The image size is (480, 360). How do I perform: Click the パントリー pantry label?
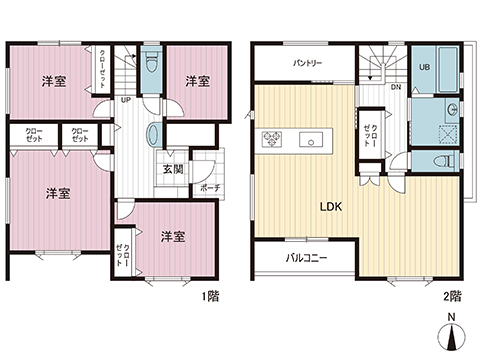tap(308, 63)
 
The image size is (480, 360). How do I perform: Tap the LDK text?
tap(331, 207)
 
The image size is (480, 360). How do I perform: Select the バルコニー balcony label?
tap(306, 258)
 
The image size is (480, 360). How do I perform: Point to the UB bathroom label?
tap(424, 67)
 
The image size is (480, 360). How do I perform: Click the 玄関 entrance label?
tap(173, 169)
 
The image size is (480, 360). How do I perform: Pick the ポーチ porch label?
tap(210, 188)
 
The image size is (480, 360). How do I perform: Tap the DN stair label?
tap(396, 88)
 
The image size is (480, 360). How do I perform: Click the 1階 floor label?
tap(211, 296)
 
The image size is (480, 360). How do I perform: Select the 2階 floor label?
tap(452, 296)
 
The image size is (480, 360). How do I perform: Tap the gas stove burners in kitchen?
tap(272, 139)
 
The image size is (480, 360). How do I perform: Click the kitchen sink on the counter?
tap(311, 139)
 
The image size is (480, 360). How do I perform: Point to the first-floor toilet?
tap(152, 63)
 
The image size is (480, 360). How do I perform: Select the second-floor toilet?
tap(445, 161)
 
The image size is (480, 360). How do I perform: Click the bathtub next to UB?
tap(449, 69)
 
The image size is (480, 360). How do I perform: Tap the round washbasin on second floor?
tap(452, 109)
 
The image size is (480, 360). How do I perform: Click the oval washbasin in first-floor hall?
tap(154, 135)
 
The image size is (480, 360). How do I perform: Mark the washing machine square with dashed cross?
tap(448, 134)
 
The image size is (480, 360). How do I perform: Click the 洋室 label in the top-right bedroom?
tap(197, 81)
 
